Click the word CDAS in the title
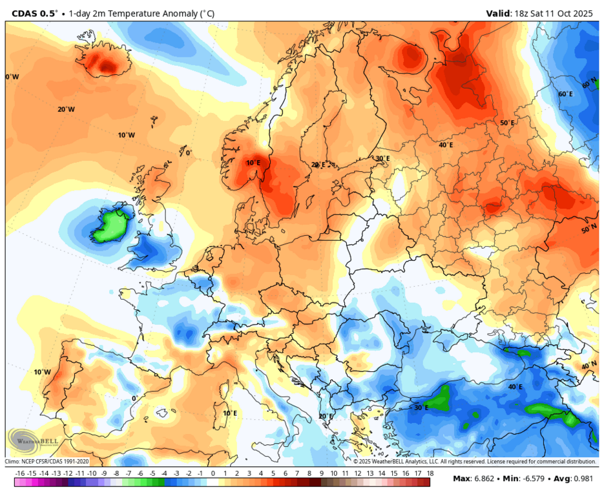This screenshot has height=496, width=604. [x=26, y=12]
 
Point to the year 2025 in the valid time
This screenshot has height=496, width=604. [x=584, y=12]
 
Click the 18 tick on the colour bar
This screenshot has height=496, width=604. [x=429, y=473]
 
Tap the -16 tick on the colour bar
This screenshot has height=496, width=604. [x=19, y=473]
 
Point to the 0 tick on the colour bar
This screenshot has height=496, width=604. [x=213, y=473]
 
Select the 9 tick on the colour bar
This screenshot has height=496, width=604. [x=321, y=473]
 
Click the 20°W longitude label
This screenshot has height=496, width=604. [x=66, y=109]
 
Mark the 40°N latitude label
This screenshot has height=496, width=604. [x=588, y=366]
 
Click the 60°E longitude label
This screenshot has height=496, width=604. [x=565, y=94]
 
